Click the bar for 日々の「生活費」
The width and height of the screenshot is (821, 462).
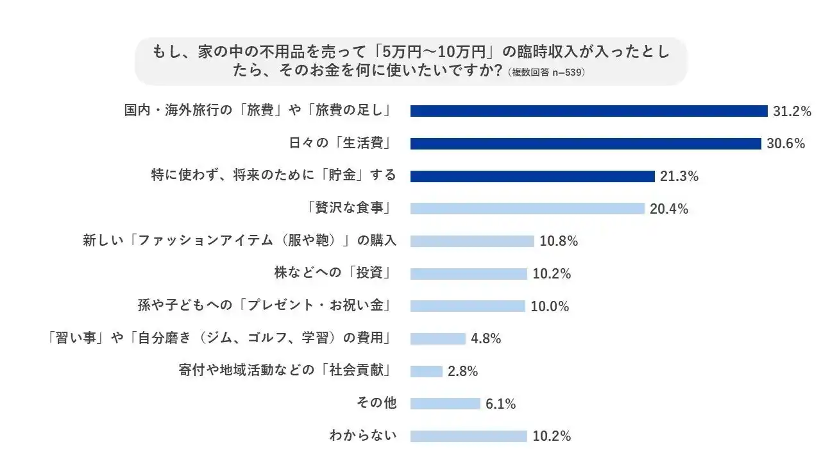coord(585,144)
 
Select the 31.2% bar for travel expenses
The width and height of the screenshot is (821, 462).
coord(589,111)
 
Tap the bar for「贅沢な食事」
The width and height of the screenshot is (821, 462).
coord(527,209)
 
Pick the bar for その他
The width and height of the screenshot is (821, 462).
coord(445,404)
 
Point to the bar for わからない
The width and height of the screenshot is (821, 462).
coord(468,436)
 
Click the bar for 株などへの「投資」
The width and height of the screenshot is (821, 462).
coord(468,274)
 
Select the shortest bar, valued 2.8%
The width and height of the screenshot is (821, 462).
coord(427,372)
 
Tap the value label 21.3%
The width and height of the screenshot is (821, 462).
coord(679,176)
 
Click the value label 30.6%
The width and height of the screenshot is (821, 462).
coord(786,144)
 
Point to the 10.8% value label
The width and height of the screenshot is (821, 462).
coord(559,241)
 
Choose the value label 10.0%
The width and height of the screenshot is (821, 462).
coord(550,307)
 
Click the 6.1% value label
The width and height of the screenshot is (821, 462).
coord(501,404)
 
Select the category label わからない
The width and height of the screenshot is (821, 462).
coord(363,436)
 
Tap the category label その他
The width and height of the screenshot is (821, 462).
coord(377,404)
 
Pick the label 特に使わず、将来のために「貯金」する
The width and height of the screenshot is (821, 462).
coord(274,176)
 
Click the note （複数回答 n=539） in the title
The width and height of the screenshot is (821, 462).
coord(545,73)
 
